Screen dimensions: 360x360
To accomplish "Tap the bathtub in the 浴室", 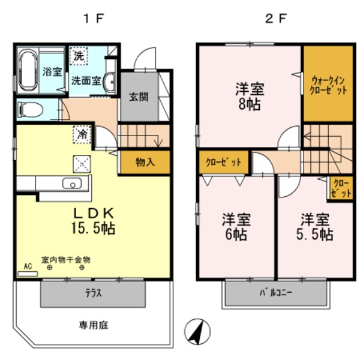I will pyautogui.click(x=28, y=71).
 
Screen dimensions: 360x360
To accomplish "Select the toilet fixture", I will pyautogui.click(x=29, y=110).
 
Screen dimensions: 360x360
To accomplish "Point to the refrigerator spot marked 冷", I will pyautogui.click(x=82, y=134).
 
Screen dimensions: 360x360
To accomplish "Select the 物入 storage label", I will pyautogui.click(x=144, y=162).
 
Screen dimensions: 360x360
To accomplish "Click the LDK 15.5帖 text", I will pyautogui.click(x=94, y=221).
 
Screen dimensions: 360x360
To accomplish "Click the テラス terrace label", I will pyautogui.click(x=92, y=293).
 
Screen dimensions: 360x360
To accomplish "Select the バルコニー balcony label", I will pyautogui.click(x=276, y=293).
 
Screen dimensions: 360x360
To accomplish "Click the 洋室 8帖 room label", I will pyautogui.click(x=250, y=95).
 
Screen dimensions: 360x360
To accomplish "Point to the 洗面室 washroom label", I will pyautogui.click(x=86, y=80).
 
